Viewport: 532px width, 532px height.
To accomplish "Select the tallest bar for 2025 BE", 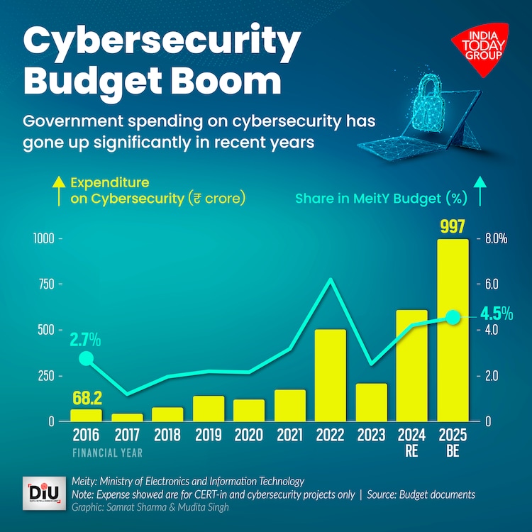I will tap(453, 330).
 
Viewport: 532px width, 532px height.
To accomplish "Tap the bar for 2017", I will tap(127, 417).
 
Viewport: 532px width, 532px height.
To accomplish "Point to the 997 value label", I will tap(452, 227).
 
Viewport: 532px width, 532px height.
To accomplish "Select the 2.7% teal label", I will tap(85, 340).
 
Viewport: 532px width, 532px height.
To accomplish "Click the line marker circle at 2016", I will tap(86, 358).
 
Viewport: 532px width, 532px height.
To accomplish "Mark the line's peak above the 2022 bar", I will tap(330, 279).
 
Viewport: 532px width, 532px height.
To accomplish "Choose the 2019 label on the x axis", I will tap(209, 434).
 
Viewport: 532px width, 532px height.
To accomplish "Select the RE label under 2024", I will tap(411, 450).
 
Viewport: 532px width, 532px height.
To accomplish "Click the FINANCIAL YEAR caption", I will tap(107, 451).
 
